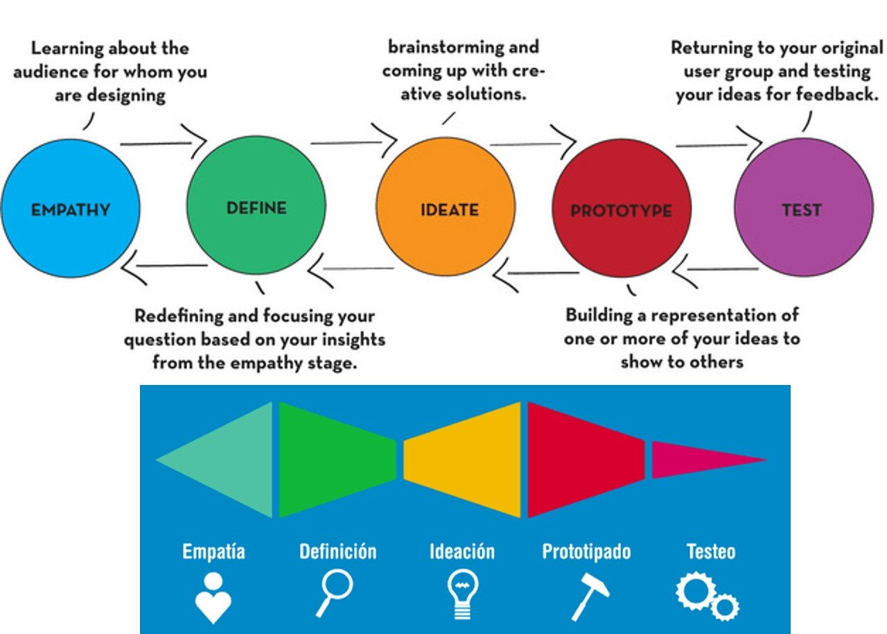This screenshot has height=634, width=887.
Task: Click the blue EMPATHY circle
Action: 70,208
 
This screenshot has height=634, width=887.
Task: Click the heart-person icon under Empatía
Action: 213,598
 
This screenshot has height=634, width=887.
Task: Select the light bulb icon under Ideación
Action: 462,596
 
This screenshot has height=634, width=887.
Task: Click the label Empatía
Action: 213,552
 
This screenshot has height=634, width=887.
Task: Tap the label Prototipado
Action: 586,552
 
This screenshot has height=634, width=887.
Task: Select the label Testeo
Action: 711,552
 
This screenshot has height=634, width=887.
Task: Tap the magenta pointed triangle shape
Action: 700,459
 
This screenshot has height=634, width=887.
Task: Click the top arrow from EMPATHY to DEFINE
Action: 164,144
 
